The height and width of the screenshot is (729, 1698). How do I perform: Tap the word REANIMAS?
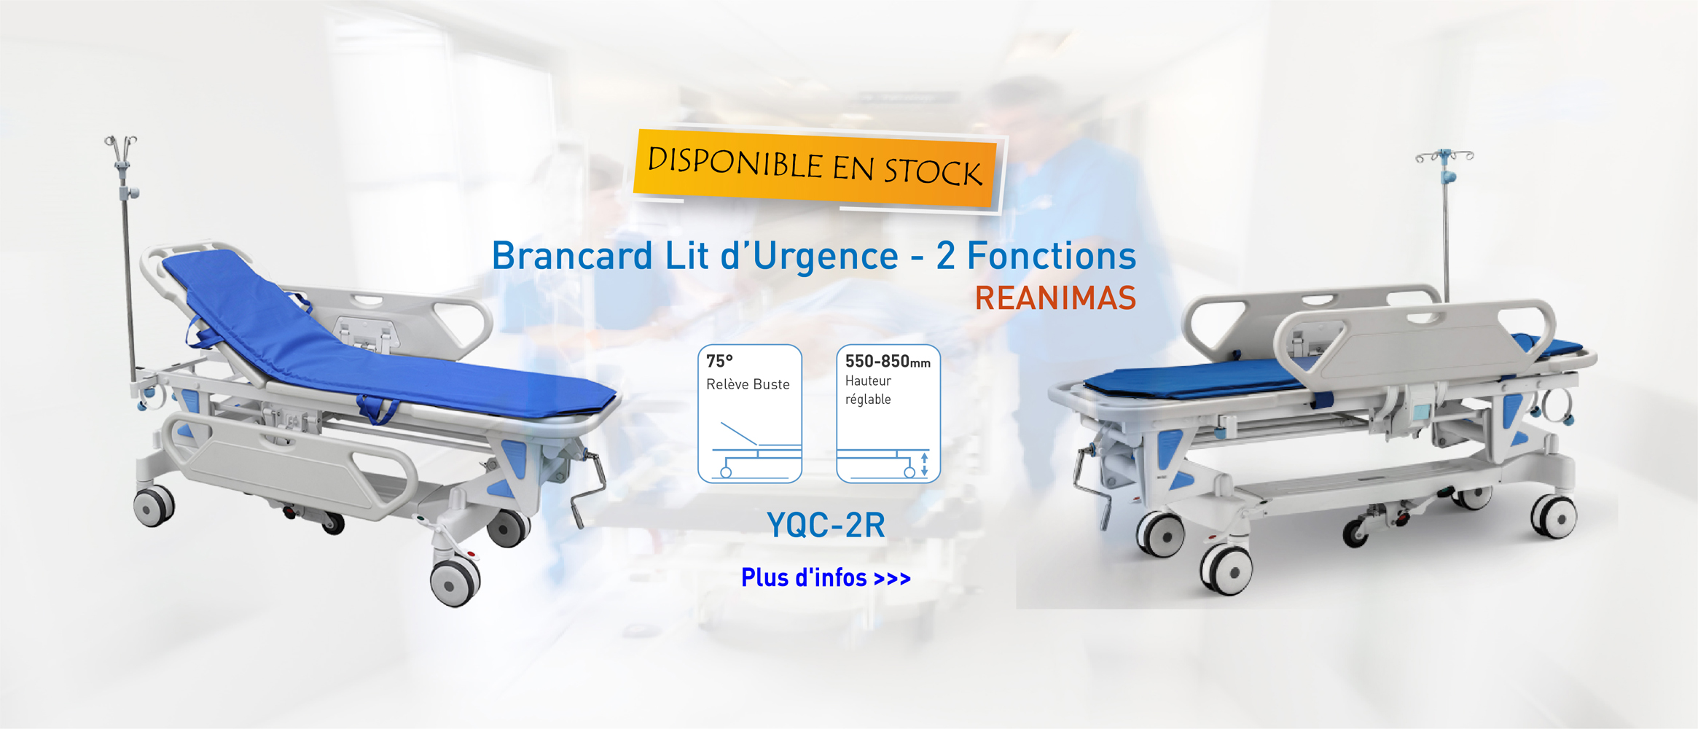1055,298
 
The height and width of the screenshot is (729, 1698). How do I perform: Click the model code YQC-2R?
826,525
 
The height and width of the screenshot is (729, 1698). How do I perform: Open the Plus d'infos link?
826,578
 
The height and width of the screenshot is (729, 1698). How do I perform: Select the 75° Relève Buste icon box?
750,413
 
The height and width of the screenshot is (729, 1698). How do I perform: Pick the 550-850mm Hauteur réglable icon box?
888,413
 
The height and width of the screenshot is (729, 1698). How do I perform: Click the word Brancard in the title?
572,256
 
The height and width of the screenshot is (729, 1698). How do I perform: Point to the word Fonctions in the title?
1051,256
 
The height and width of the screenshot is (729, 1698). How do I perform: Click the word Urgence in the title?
825,257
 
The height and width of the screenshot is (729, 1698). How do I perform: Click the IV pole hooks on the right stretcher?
1444,156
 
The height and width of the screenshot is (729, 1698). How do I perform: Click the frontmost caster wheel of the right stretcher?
1226,569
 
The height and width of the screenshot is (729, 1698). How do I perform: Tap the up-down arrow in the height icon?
925,464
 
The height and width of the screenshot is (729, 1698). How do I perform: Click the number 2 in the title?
946,256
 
